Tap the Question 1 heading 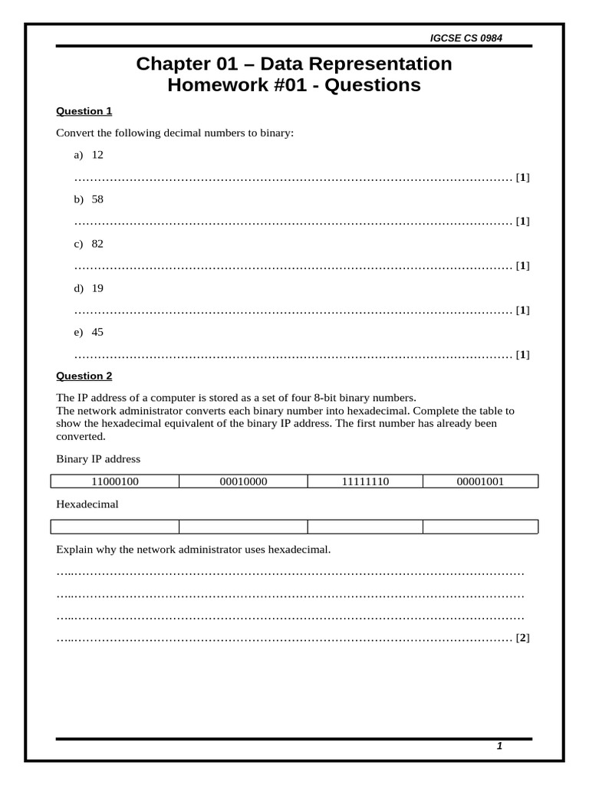coord(84,111)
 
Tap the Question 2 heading coord(84,376)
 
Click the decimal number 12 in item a coord(97,155)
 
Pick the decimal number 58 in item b coord(97,199)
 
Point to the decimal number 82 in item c coord(97,244)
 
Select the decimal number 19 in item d coord(97,288)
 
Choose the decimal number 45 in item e coord(97,332)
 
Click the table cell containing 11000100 coord(114,481)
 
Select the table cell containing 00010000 coord(243,481)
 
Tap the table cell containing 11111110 coord(365,481)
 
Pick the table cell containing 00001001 coord(480,481)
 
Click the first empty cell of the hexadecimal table coord(114,527)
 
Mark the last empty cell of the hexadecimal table coord(480,527)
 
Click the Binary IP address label coord(98,459)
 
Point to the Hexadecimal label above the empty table coord(87,504)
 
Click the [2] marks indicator coord(523,638)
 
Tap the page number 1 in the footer coord(499,747)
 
